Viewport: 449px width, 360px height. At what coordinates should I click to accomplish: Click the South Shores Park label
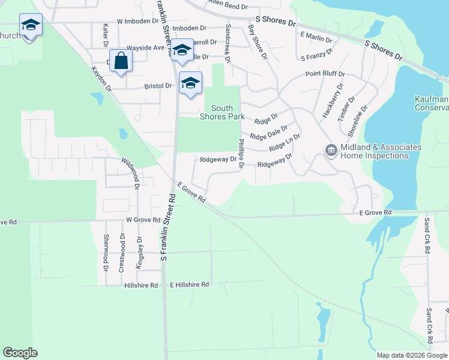pos(222,112)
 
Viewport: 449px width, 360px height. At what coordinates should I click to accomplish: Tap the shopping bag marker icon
pos(121,61)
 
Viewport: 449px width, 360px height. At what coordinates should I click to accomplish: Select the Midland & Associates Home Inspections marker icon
pos(331,151)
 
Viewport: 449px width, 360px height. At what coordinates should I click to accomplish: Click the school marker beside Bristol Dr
pos(190,83)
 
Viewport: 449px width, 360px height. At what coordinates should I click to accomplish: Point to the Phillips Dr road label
pos(241,154)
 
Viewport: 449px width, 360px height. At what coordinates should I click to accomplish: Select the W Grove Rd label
pos(143,220)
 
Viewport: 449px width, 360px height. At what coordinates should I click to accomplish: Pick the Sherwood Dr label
pos(106,251)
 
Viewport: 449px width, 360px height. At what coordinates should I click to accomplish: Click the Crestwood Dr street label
pos(122,253)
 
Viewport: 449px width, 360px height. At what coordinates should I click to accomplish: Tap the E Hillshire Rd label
pos(189,284)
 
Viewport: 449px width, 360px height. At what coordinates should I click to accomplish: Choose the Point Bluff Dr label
pos(325,74)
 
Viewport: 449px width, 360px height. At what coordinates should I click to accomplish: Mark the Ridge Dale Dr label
pos(268,131)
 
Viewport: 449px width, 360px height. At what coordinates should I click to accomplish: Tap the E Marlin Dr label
pos(316,38)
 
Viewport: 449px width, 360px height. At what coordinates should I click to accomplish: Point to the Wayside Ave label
pos(145,47)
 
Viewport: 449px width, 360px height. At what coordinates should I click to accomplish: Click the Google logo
pos(20,353)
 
